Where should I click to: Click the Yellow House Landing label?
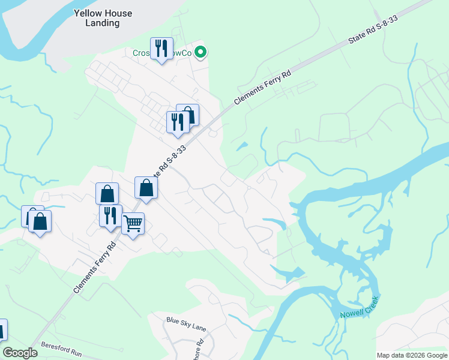pyautogui.click(x=103, y=18)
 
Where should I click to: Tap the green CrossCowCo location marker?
pyautogui.click(x=201, y=53)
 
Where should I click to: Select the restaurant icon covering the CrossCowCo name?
pyautogui.click(x=161, y=49)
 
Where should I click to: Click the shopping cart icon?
pyautogui.click(x=133, y=224)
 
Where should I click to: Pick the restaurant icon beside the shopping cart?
pyautogui.click(x=110, y=215)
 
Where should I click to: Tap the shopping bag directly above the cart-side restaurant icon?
pyautogui.click(x=107, y=194)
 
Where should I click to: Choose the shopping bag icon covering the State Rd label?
pyautogui.click(x=146, y=188)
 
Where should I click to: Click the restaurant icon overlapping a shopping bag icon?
pyautogui.click(x=177, y=122)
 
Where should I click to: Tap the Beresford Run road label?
pyautogui.click(x=61, y=350)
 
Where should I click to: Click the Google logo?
pyautogui.click(x=20, y=353)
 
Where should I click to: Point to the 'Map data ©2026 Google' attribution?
pyautogui.click(x=412, y=355)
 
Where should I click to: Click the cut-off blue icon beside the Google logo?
pyautogui.click(x=2, y=330)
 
